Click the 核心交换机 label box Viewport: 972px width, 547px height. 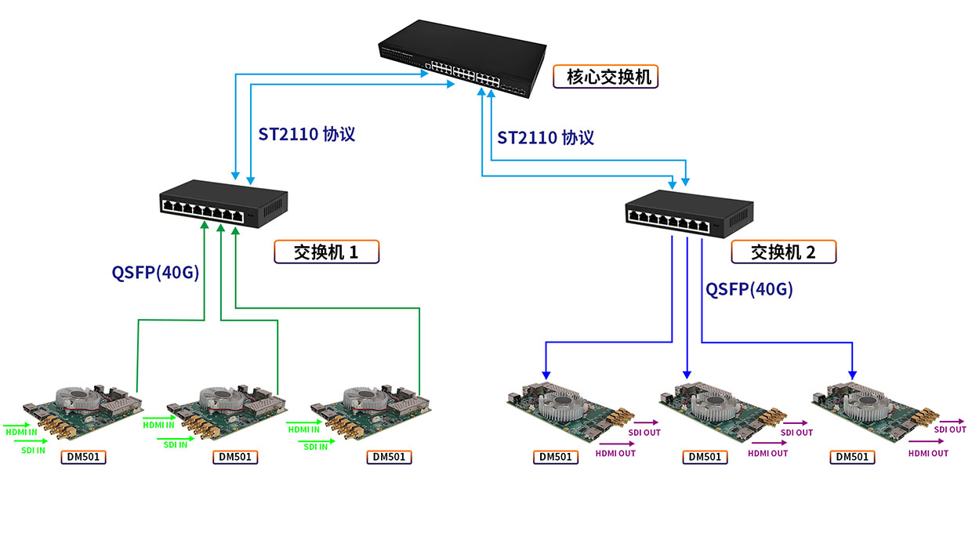pos(605,77)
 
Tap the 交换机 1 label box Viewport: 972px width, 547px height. pos(326,252)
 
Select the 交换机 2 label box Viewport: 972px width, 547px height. pos(784,252)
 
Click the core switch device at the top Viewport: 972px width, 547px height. pos(462,59)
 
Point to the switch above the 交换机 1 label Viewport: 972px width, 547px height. pos(223,204)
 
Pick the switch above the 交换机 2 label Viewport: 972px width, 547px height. pos(689,214)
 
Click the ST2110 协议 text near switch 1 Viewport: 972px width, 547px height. pos(306,134)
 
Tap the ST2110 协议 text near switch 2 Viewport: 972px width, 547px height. pos(546,137)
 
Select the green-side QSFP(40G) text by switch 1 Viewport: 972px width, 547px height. pos(155,273)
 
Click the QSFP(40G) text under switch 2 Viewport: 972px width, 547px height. pos(749,289)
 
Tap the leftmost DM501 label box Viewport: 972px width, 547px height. pos(83,457)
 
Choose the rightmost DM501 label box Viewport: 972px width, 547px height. pos(852,457)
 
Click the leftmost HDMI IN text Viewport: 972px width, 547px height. pos(21,432)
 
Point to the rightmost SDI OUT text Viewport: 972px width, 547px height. pos(950,429)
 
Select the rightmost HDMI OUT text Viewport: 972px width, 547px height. pos(928,453)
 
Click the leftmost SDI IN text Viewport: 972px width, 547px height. pos(33,451)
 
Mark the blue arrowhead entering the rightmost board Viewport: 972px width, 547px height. pos(852,375)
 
